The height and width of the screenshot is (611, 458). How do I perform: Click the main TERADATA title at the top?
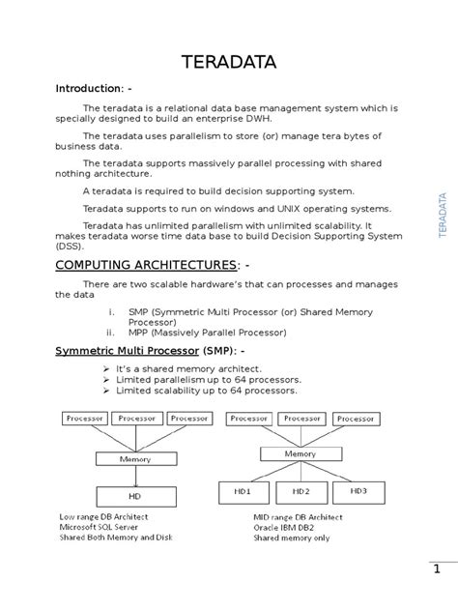tap(229, 63)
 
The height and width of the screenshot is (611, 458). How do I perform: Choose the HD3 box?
tap(358, 490)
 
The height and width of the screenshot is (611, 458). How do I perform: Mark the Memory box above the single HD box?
tap(135, 459)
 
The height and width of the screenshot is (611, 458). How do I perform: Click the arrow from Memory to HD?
tap(136, 477)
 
